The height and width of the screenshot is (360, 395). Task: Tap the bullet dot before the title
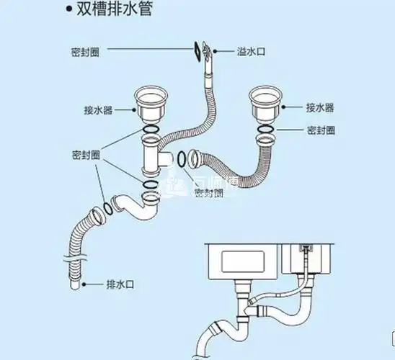coord(68,11)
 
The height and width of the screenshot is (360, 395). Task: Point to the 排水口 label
coord(120,284)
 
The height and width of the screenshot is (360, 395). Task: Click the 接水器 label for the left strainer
coord(97,110)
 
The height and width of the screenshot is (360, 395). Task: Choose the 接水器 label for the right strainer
coord(319,108)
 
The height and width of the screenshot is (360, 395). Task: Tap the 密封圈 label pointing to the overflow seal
coord(85,53)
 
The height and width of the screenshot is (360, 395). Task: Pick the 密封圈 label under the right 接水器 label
coord(321,130)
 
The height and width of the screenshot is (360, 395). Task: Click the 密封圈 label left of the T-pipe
coord(86,156)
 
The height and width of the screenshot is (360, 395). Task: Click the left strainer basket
coord(151,105)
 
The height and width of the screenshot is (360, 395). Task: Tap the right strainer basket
coord(267,103)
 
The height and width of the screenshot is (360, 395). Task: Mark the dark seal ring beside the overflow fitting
coord(197,50)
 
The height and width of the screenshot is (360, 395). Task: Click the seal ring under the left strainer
coord(151,133)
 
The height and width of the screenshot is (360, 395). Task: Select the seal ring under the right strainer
coord(266,129)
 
